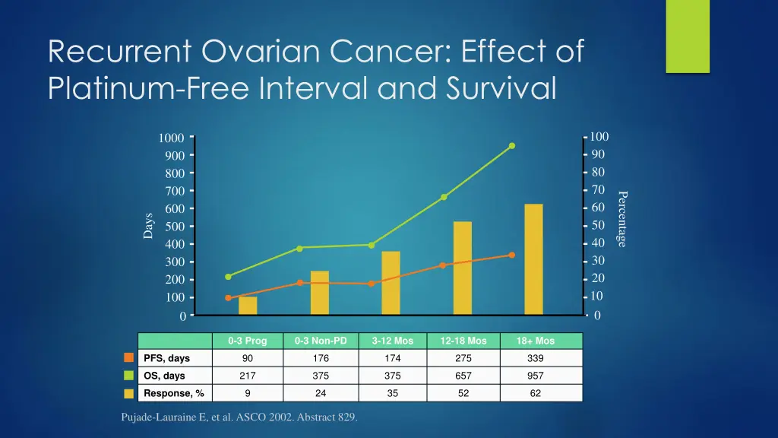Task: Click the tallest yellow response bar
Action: point(533,259)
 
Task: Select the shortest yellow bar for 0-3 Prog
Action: point(248,306)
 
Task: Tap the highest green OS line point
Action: point(512,146)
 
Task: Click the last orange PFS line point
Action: point(512,255)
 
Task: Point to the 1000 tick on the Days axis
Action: point(172,138)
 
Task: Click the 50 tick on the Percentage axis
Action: point(598,225)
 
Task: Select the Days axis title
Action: point(148,226)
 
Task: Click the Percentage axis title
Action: point(621,219)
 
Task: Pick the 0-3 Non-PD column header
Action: point(321,341)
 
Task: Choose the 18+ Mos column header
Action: point(536,341)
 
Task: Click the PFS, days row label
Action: point(166,358)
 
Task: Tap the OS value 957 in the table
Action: point(536,376)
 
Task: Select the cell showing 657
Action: point(463,376)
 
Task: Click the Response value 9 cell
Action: point(248,393)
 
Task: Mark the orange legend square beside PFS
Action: point(129,358)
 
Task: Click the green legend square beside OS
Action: point(129,376)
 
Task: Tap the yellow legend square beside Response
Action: point(129,393)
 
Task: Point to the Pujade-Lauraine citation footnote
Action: point(239,417)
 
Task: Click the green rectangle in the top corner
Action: point(687,36)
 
